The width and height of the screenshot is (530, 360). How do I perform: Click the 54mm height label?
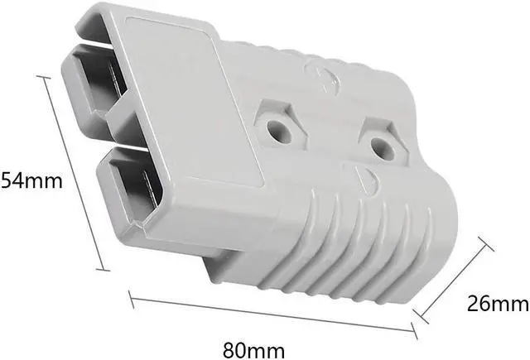31,180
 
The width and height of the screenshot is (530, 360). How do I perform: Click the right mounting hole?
380,148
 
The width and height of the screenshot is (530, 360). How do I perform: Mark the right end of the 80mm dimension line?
414,333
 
